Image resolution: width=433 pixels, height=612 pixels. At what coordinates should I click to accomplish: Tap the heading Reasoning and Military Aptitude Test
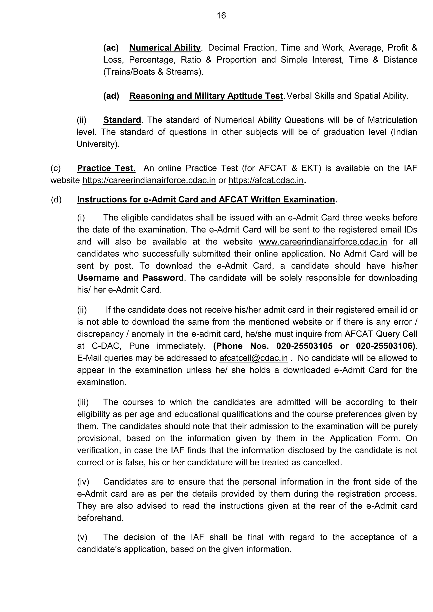(x=206, y=96)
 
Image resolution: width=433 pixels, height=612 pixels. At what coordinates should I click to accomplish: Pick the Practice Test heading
(x=106, y=168)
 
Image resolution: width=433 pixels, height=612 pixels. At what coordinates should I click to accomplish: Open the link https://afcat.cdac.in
(x=266, y=180)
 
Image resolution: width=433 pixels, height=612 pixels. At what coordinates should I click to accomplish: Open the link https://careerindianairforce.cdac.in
(x=149, y=180)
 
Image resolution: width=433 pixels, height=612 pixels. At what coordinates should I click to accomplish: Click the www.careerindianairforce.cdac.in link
(x=323, y=242)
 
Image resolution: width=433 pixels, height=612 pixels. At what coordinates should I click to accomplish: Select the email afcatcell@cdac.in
(x=253, y=358)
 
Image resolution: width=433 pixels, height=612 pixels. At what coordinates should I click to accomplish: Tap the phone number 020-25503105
(x=304, y=346)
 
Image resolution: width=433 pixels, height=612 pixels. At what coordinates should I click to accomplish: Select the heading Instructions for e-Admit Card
(x=206, y=200)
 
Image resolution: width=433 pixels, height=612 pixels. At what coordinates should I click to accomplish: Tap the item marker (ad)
(x=111, y=96)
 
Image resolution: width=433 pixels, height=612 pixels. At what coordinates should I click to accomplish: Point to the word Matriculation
(x=392, y=120)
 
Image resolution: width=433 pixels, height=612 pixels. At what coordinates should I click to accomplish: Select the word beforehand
(x=100, y=518)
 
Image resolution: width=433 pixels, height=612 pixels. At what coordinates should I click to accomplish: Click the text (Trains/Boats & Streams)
(x=153, y=72)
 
